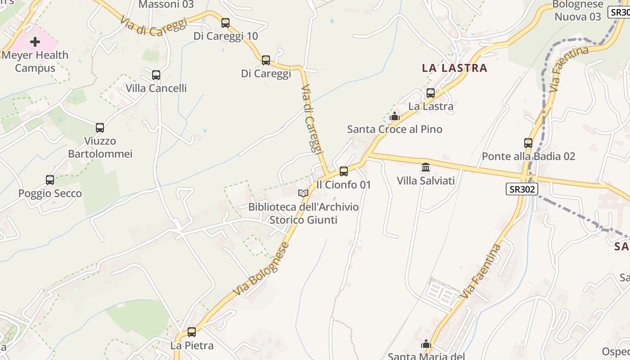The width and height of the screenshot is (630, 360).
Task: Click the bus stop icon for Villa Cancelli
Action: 156,75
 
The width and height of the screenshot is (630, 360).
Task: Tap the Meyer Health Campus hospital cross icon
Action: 35,42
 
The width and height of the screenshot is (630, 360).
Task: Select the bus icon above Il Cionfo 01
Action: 344,171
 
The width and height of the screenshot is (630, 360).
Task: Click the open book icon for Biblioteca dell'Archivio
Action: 304,193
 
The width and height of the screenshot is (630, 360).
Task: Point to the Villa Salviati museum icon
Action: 426,167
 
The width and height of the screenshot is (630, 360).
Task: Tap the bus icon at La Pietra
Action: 192,332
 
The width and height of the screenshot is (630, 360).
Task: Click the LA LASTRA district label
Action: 454,68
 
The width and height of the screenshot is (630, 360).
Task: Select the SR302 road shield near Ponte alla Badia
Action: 522,189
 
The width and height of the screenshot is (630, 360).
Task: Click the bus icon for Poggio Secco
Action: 50,180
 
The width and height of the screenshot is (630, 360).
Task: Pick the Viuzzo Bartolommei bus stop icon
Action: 100,127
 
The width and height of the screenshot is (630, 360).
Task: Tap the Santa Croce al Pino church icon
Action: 395,116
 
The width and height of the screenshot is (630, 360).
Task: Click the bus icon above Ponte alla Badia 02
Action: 528,143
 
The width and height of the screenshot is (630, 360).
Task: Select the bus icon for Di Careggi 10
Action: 225,22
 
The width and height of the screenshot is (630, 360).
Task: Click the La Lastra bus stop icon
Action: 431,93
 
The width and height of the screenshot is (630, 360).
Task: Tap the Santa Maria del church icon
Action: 426,344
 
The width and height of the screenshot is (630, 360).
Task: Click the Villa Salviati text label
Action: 426,181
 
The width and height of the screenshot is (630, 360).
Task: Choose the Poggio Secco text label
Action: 50,193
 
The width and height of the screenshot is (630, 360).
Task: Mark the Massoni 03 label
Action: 166,4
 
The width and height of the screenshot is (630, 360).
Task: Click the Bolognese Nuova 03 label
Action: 578,10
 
